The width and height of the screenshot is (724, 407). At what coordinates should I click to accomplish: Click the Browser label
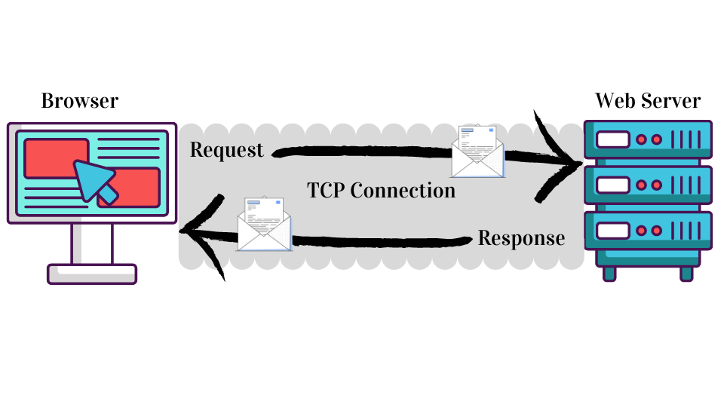click(79, 100)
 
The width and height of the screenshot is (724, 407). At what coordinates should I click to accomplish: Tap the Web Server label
click(648, 100)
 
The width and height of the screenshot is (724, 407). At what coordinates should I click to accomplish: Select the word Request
click(227, 150)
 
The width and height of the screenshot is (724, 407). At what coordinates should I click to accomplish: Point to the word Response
click(521, 238)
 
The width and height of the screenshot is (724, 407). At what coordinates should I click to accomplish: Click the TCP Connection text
click(382, 190)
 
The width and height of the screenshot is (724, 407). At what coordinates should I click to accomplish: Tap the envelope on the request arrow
click(477, 151)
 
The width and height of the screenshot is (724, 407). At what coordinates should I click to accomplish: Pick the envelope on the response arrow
click(264, 223)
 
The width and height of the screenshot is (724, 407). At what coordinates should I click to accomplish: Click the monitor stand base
click(92, 274)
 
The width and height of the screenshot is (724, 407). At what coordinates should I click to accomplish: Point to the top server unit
click(649, 140)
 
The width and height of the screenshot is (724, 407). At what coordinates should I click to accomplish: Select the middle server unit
click(649, 185)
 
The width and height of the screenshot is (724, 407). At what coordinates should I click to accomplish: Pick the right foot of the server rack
click(686, 274)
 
